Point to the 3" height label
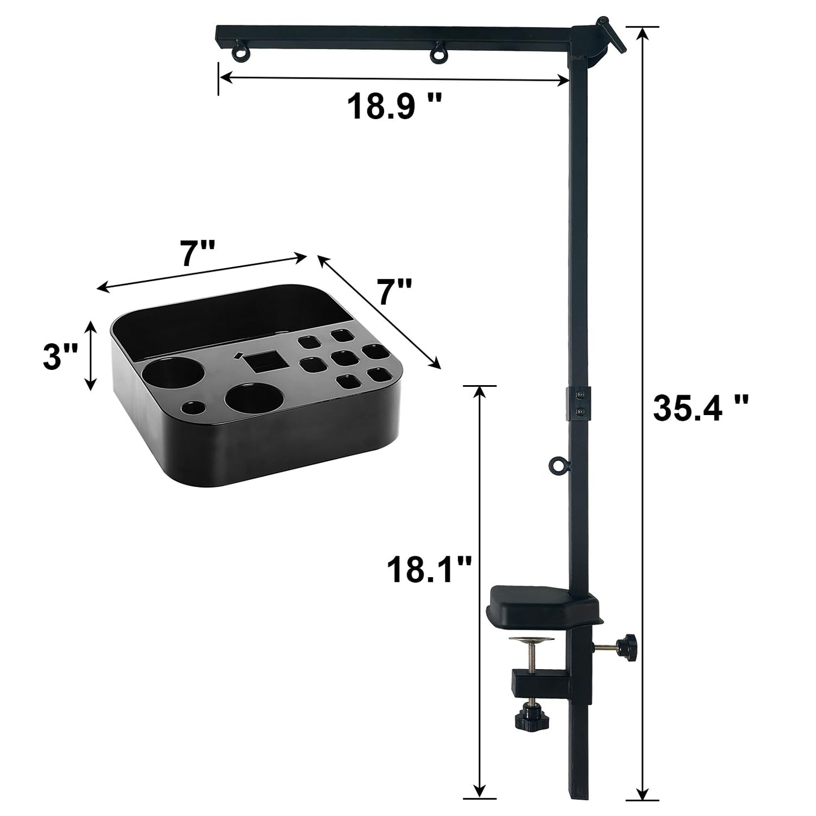pos(60,356)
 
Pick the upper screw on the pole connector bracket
pos(579,395)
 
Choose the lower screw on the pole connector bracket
pos(579,412)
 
